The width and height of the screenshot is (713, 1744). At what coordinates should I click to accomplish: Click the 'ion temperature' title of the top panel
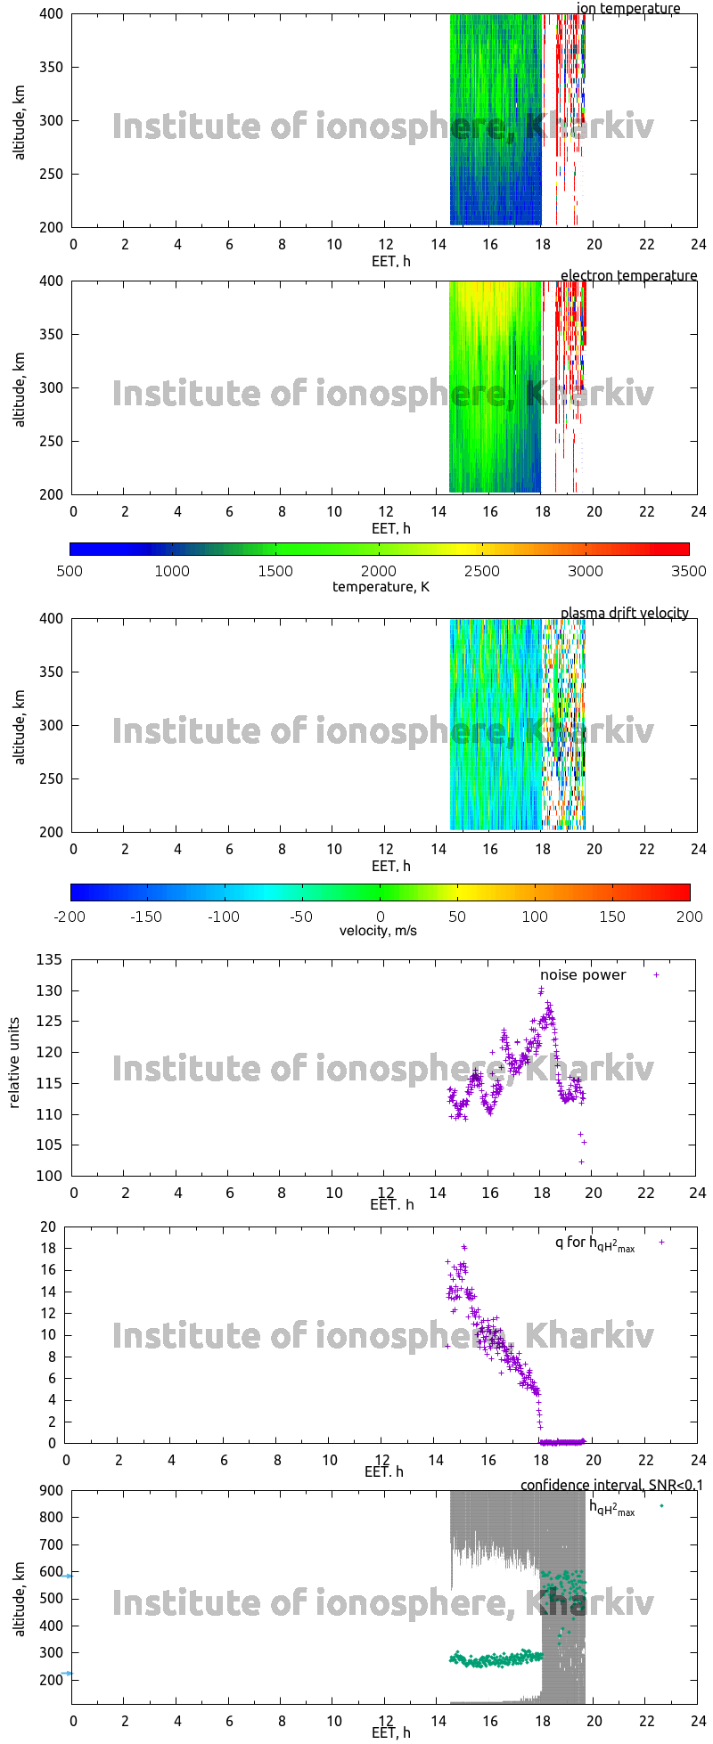tap(628, 9)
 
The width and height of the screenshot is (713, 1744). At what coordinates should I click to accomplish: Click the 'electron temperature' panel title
tap(628, 275)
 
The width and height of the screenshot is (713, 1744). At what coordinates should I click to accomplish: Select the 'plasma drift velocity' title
tap(624, 613)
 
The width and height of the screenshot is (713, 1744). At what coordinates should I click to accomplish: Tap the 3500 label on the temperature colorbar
tap(688, 571)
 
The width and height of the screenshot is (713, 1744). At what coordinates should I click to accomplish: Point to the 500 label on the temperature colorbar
tap(70, 571)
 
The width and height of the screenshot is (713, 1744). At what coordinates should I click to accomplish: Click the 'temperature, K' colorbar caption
tap(381, 586)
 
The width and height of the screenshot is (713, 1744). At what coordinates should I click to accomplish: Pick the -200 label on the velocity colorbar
tap(70, 917)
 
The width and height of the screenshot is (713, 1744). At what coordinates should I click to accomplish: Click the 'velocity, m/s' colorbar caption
tap(378, 931)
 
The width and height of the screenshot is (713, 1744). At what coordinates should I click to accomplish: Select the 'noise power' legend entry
tap(583, 974)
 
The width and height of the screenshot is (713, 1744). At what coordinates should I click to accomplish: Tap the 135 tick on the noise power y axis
tap(51, 959)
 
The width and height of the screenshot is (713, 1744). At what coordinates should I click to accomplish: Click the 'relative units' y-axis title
tap(15, 1067)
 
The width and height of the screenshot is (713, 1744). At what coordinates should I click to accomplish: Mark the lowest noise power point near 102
tap(581, 1161)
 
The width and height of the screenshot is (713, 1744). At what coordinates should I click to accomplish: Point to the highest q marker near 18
tap(463, 1247)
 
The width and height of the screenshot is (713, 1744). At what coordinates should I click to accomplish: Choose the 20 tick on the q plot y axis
tap(48, 1227)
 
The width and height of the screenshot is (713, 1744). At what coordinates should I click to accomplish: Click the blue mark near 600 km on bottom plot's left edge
tap(67, 1576)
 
